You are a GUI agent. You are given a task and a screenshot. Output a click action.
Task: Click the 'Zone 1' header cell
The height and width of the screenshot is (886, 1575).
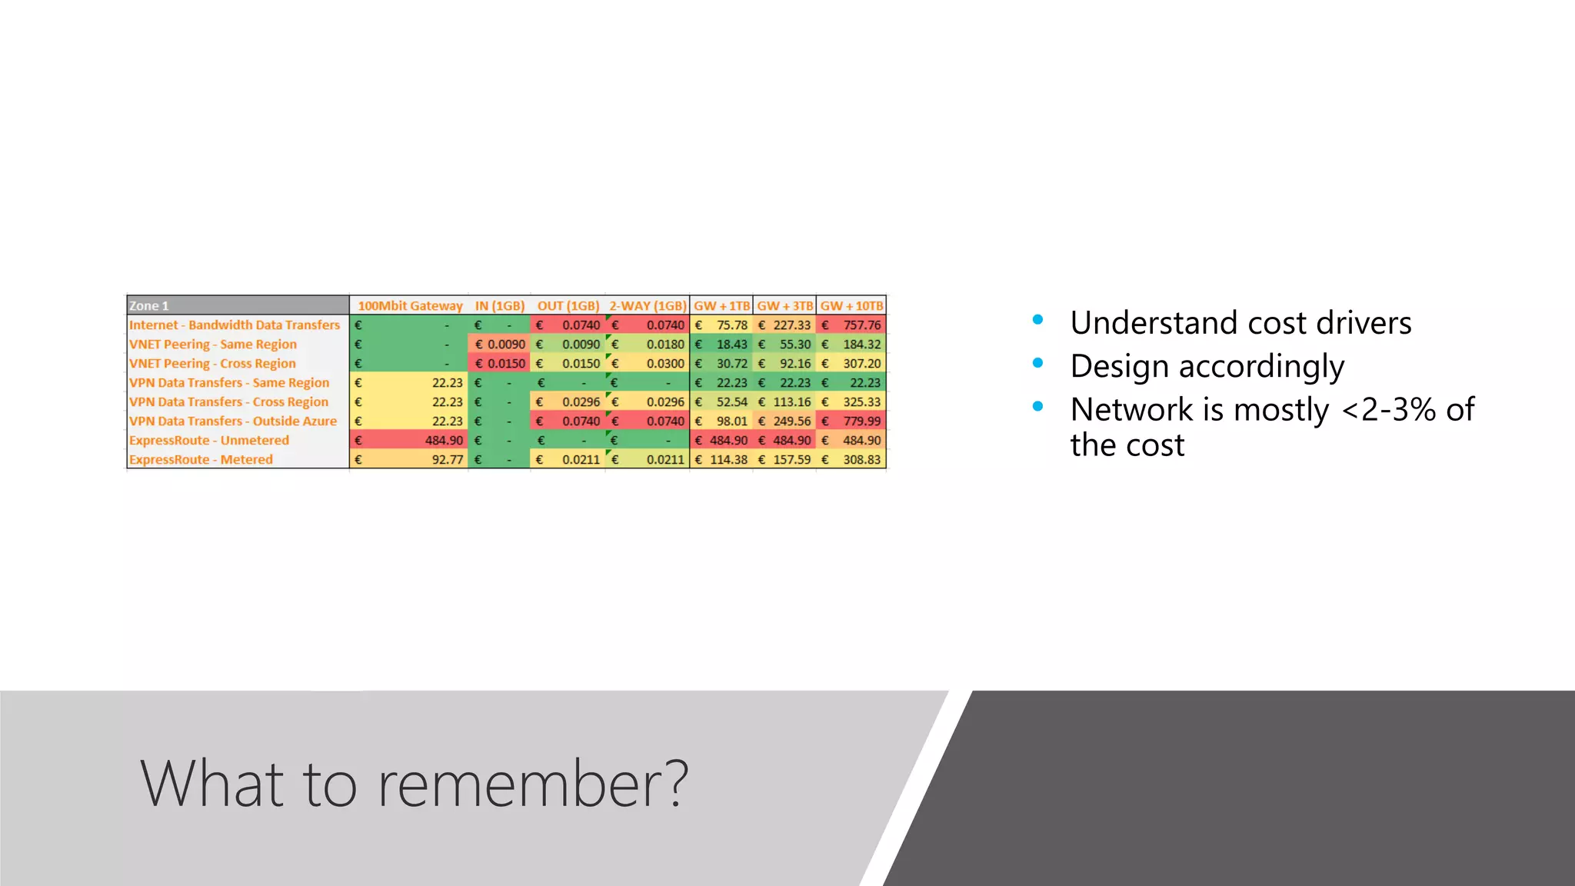tap(149, 305)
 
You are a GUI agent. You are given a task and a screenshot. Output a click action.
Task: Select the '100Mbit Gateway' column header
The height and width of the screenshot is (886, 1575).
tap(410, 305)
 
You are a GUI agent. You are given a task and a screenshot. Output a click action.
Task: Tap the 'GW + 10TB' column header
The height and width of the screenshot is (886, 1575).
tap(851, 305)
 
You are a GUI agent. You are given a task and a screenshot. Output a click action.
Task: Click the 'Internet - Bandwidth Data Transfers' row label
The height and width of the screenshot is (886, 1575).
tap(235, 325)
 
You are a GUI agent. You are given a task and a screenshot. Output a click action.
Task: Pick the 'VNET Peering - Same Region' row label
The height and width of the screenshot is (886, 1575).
tap(213, 344)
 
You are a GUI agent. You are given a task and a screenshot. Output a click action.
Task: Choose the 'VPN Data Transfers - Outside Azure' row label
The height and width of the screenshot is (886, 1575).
tap(233, 421)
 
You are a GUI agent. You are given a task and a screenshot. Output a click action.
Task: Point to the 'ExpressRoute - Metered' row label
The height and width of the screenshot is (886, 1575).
tap(201, 459)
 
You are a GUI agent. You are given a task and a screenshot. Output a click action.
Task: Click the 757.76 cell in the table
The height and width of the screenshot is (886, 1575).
tap(861, 325)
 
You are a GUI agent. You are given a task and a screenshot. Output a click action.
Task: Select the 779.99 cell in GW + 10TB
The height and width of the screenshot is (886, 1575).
tap(861, 421)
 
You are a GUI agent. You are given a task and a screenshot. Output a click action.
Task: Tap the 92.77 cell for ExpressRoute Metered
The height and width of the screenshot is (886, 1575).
tap(447, 459)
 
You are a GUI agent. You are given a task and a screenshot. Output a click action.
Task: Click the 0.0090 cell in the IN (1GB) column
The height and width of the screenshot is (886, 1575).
tap(505, 344)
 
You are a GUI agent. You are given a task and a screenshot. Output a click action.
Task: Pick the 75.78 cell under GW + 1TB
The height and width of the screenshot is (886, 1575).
tap(731, 325)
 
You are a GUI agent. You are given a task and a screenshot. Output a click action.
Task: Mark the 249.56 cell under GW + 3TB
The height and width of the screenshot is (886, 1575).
tap(792, 421)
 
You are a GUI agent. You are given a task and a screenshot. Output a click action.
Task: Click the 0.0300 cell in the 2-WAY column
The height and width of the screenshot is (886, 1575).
tap(664, 363)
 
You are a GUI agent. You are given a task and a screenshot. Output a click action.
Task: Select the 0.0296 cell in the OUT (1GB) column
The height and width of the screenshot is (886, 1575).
tap(581, 401)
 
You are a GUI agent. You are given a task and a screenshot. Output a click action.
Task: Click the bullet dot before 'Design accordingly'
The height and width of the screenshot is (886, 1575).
tap(1038, 363)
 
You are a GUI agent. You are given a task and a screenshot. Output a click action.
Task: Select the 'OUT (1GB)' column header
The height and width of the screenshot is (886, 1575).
tap(568, 305)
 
